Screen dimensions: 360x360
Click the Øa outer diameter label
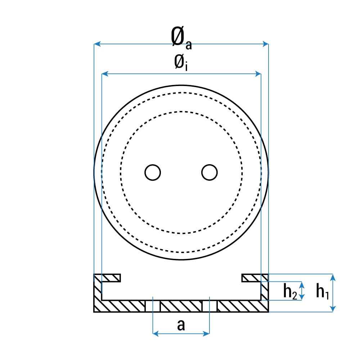point(181,37)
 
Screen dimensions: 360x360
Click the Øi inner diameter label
point(181,63)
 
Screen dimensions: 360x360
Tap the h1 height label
point(322,291)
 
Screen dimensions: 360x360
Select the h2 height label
point(290,291)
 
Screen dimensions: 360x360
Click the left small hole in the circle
point(153,172)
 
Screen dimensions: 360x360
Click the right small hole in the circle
point(210,172)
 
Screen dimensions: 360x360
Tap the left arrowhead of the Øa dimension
point(97,44)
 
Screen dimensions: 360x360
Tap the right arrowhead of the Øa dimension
point(265,44)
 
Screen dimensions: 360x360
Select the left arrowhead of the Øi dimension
point(105,74)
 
